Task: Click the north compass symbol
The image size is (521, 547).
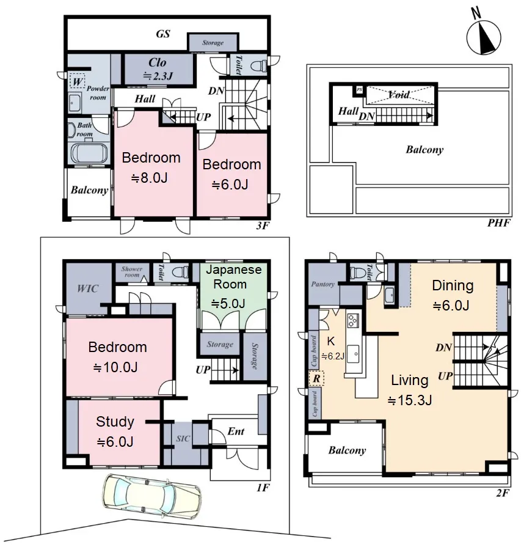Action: [484, 37]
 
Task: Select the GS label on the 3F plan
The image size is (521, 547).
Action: [163, 34]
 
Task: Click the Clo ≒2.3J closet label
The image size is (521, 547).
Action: [158, 69]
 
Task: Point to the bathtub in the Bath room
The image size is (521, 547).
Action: [89, 153]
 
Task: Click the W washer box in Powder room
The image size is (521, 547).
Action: [77, 82]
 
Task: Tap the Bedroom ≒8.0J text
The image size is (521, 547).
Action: [151, 167]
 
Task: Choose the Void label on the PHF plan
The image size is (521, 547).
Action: [399, 94]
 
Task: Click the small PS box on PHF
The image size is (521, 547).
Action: [359, 90]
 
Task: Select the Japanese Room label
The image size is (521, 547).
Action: [233, 277]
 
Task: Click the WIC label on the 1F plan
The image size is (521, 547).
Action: [87, 288]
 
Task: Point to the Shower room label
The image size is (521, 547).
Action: [132, 272]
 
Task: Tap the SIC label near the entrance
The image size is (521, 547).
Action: [183, 438]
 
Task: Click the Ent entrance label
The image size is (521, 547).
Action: [236, 431]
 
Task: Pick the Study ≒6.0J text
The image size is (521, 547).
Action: [115, 431]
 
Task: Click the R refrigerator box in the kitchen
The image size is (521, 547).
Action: [316, 378]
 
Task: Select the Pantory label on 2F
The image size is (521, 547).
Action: [322, 284]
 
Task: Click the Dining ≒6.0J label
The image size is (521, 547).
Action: [453, 295]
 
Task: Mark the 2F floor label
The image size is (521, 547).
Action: [502, 493]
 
